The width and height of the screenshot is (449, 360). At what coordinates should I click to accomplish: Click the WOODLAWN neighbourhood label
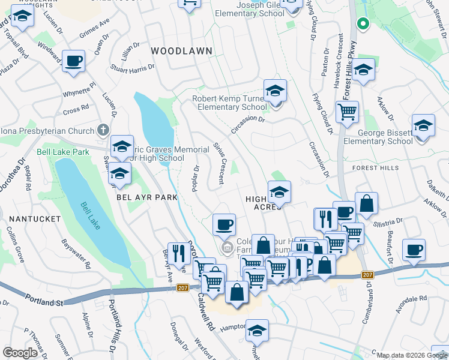(181, 51)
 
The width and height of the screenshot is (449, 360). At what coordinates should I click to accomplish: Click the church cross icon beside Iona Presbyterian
(103, 130)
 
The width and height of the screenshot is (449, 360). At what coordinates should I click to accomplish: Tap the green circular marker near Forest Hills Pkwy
(362, 24)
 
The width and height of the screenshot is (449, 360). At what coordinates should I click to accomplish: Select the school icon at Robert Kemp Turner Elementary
(276, 92)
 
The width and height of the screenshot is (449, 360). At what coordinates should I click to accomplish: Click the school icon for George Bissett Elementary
(423, 127)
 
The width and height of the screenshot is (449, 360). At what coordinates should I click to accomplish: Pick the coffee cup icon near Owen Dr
(73, 62)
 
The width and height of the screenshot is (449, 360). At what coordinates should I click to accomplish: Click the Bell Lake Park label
(63, 152)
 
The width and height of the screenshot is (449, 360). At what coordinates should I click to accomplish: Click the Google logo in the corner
(20, 352)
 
